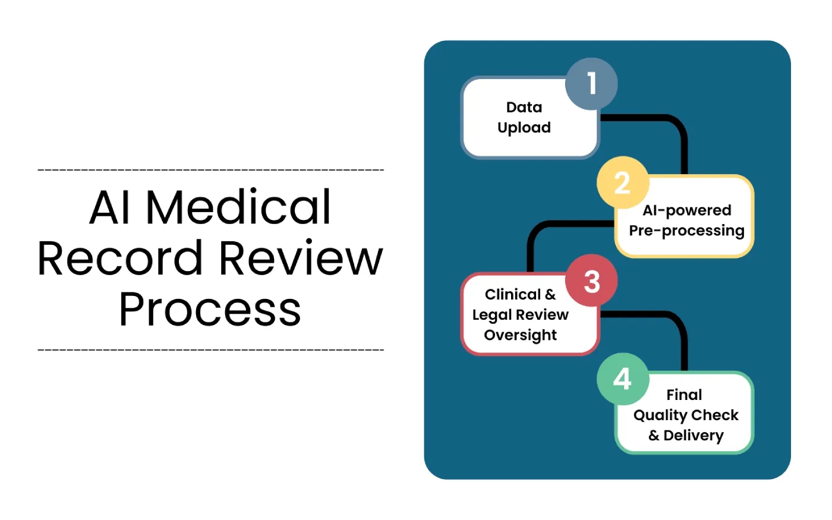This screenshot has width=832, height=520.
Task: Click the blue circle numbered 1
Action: pos(591,84)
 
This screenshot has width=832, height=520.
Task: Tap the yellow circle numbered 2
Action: pos(622,182)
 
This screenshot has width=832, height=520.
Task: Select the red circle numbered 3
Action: pos(591,281)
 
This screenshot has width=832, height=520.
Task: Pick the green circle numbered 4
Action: pos(622,379)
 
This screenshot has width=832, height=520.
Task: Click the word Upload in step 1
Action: pos(524,128)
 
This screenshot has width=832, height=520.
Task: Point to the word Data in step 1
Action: pos(524,108)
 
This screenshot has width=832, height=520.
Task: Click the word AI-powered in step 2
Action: pos(686,210)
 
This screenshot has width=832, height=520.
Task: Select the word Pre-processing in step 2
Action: pos(686,231)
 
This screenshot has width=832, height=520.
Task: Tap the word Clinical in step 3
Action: pos(512,295)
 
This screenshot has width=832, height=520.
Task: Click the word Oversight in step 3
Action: pos(520,335)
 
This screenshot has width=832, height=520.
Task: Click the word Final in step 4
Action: pos(684,395)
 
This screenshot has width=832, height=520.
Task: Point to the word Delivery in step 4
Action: pos(693,436)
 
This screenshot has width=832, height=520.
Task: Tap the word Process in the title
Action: pos(210,309)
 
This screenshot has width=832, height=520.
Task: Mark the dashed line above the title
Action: pos(210,170)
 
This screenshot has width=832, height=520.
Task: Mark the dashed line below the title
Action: pos(210,349)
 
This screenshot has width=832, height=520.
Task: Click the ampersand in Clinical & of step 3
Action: pos(550,295)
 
